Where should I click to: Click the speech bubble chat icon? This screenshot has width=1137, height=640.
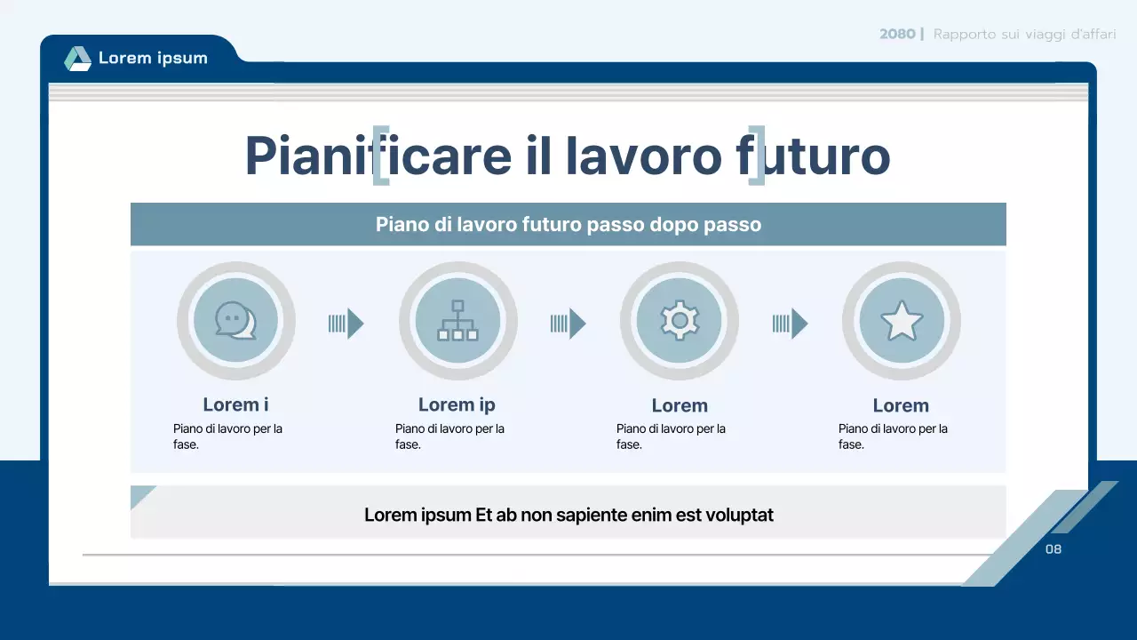point(235,321)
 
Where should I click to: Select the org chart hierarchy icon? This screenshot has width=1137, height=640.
point(457,321)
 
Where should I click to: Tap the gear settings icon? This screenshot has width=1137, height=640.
point(680,321)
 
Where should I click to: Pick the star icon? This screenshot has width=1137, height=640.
point(902,321)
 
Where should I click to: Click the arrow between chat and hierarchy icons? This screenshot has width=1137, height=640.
point(346,324)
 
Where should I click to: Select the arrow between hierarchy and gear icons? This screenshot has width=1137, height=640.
point(568,324)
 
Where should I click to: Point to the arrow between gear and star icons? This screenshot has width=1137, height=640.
point(791,324)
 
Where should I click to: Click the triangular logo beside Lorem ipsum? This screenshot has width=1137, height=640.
point(78,59)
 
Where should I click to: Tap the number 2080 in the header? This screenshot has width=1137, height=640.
point(897,35)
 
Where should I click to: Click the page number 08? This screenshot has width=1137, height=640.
point(1054,549)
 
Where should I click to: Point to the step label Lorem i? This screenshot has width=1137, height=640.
point(235,404)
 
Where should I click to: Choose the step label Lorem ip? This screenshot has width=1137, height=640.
point(457,404)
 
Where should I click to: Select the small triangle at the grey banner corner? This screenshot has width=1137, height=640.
point(140,495)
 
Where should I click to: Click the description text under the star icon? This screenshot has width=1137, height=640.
point(893,436)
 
